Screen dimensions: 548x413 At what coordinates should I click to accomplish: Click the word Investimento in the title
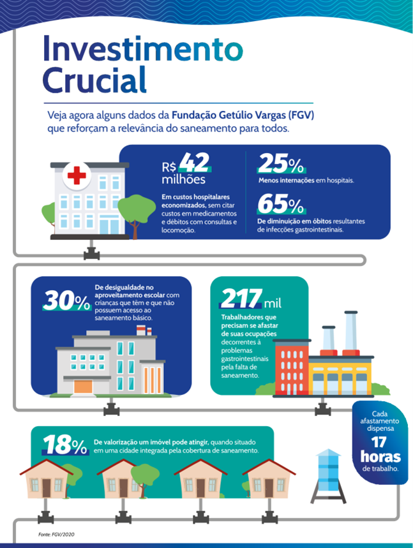click(143, 48)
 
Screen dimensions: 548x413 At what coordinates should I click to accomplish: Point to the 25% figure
click(281, 165)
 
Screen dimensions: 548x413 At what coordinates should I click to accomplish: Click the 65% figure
click(281, 204)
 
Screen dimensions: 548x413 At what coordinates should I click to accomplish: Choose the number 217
click(241, 298)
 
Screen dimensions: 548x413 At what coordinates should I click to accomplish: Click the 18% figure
click(65, 445)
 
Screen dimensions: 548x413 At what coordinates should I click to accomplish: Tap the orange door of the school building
click(83, 386)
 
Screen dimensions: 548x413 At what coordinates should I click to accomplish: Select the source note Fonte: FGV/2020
click(57, 533)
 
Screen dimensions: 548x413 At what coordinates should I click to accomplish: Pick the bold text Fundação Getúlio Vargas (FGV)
click(243, 116)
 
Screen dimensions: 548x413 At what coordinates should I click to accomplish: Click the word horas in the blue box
click(380, 457)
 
